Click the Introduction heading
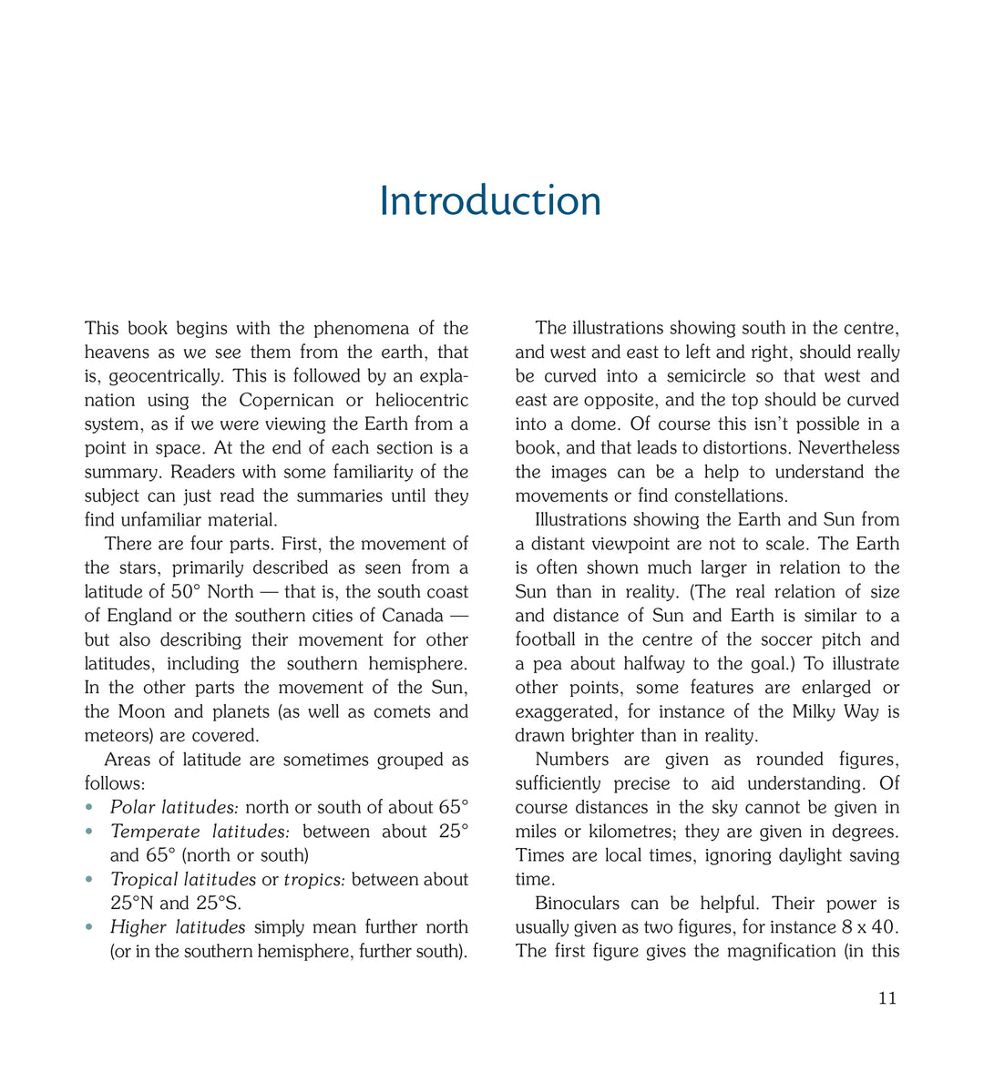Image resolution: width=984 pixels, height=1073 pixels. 490,201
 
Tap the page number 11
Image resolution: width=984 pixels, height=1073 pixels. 887,998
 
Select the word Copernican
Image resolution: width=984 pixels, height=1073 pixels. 287,400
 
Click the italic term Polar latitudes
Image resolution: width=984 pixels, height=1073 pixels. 174,808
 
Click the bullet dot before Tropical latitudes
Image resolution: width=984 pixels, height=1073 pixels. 89,880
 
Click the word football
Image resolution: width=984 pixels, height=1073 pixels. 549,639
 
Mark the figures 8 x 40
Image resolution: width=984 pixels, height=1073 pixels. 869,927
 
